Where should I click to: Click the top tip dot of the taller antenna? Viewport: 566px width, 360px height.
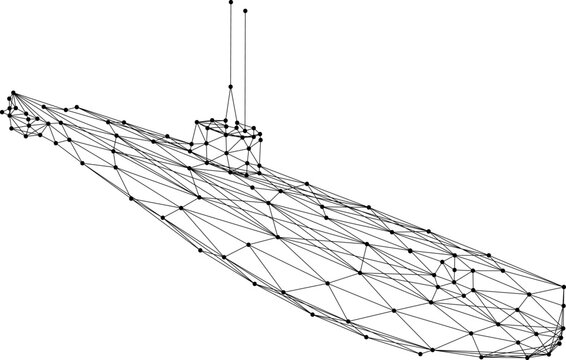[x=230, y=3]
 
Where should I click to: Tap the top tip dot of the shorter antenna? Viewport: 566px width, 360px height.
[x=245, y=10]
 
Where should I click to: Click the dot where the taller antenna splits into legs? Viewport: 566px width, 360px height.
[x=230, y=87]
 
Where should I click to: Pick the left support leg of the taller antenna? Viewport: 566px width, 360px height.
[x=227, y=104]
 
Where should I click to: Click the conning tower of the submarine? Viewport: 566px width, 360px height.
[x=228, y=140]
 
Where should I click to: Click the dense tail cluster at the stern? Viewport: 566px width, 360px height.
[x=25, y=118]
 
